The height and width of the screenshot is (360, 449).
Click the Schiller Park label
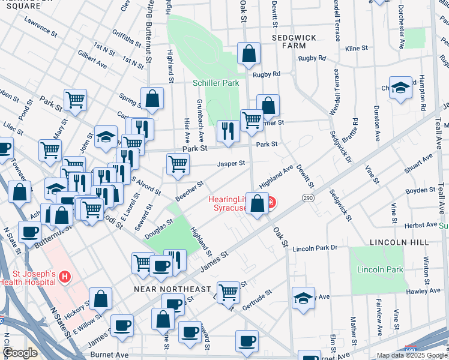215,83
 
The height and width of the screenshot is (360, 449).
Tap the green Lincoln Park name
380,269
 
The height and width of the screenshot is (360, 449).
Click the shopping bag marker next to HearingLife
258,205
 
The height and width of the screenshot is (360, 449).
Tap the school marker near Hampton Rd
400,88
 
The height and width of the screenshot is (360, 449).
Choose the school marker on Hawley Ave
303,297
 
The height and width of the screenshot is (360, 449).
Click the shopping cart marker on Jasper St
178,164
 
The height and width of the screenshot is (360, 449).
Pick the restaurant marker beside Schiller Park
228,131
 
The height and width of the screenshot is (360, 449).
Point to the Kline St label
356,48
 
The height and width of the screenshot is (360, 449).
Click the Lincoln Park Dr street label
318,248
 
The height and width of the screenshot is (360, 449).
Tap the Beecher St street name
189,191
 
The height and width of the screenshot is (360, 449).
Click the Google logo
20,353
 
